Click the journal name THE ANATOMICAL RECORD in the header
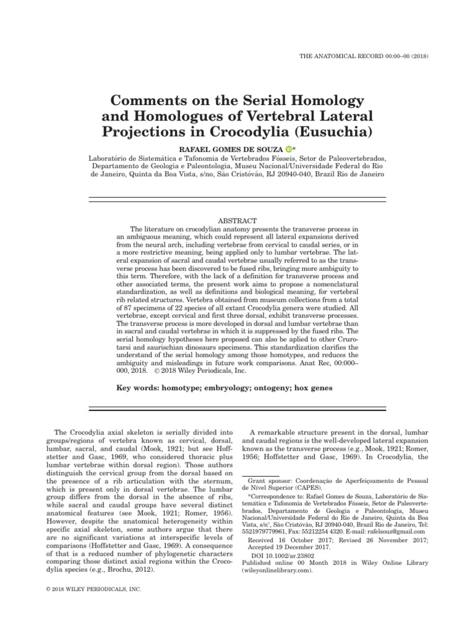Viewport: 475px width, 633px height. coord(350,56)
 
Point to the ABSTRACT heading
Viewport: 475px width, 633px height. coord(237,221)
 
